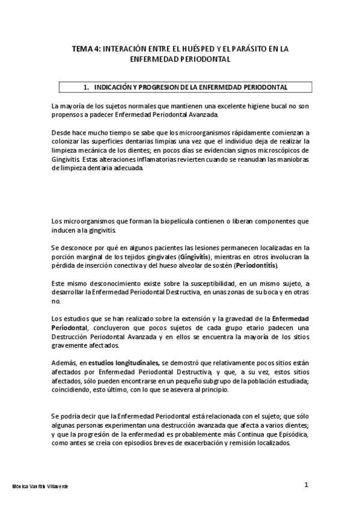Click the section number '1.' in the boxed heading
coord(86,87)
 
